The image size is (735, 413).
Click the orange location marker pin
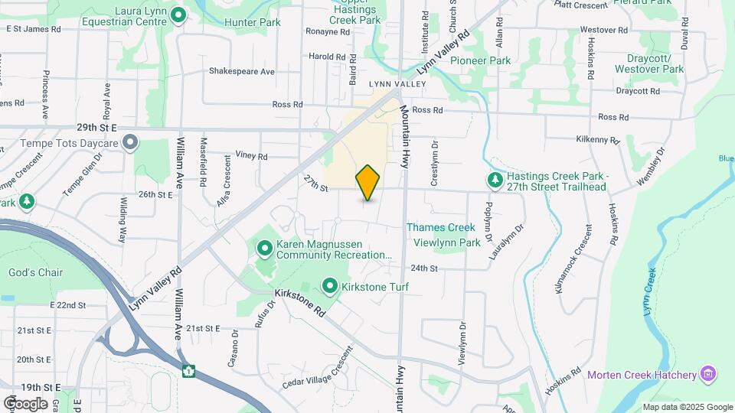point(368,183)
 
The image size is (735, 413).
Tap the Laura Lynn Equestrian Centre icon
point(178,15)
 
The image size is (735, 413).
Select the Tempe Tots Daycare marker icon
point(131,143)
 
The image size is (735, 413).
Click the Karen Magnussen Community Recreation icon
point(264,249)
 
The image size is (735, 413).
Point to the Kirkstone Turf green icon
point(330,287)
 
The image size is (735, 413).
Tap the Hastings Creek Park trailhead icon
point(495,180)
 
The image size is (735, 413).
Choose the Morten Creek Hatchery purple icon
point(708,374)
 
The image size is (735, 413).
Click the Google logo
point(25,403)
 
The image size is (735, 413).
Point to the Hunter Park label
point(253,22)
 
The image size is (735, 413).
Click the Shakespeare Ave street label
point(242,71)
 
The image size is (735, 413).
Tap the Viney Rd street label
point(252,156)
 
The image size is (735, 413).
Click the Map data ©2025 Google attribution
point(688,407)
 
